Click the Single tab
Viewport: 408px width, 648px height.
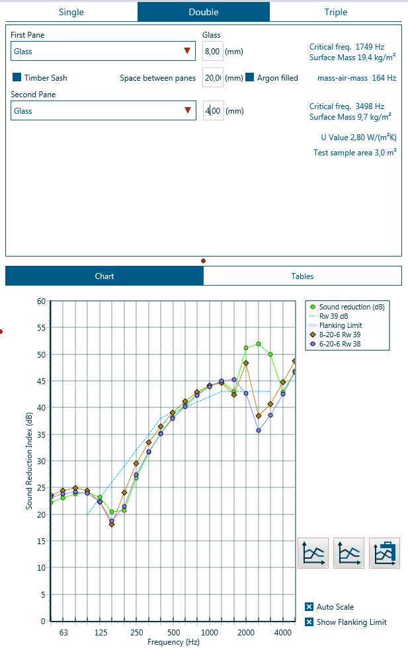(x=71, y=12)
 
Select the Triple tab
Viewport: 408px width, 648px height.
(x=335, y=12)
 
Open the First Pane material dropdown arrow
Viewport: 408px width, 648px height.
(x=187, y=51)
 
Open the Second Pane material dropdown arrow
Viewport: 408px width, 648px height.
(x=187, y=111)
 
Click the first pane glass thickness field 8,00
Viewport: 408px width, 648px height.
(x=212, y=51)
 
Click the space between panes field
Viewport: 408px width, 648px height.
(x=212, y=77)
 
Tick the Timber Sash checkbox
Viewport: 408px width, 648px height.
(x=17, y=77)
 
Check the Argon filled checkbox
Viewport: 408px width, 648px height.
(x=250, y=77)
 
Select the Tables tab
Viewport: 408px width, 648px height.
(x=302, y=276)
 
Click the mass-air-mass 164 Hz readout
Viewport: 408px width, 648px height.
(x=356, y=78)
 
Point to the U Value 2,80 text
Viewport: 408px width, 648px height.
(x=358, y=138)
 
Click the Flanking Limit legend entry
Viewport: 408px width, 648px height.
(x=340, y=325)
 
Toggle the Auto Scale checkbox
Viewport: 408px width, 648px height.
(x=309, y=607)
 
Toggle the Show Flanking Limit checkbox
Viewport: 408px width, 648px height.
(x=309, y=622)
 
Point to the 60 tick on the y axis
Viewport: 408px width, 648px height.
(x=41, y=302)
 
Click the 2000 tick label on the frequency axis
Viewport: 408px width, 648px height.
(x=246, y=633)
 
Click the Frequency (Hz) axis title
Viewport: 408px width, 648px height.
(x=173, y=642)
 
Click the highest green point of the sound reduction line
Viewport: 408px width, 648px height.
(x=258, y=344)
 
